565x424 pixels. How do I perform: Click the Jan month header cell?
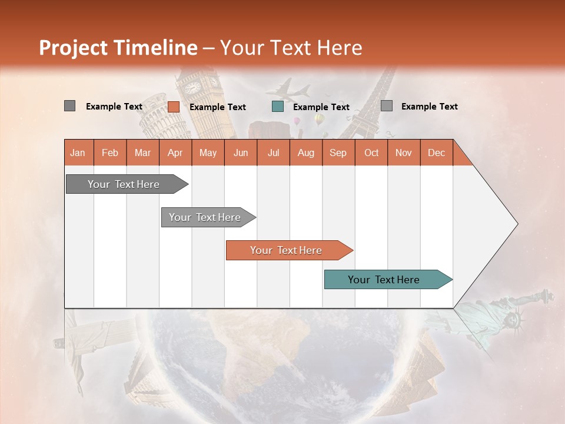[x=78, y=153]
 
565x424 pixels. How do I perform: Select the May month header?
[x=208, y=153]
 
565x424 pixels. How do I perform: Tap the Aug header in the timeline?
[x=305, y=153]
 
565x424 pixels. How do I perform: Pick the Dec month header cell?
[x=436, y=153]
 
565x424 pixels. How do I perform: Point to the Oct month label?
[x=371, y=153]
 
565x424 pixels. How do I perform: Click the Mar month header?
[x=142, y=153]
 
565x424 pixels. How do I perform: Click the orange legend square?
[x=173, y=107]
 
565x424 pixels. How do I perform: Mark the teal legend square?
[x=278, y=107]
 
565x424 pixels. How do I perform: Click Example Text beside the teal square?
[x=321, y=107]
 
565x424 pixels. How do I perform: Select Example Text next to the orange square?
[x=217, y=107]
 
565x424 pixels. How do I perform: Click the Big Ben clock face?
[x=193, y=88]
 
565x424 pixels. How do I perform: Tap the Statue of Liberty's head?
[x=516, y=319]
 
